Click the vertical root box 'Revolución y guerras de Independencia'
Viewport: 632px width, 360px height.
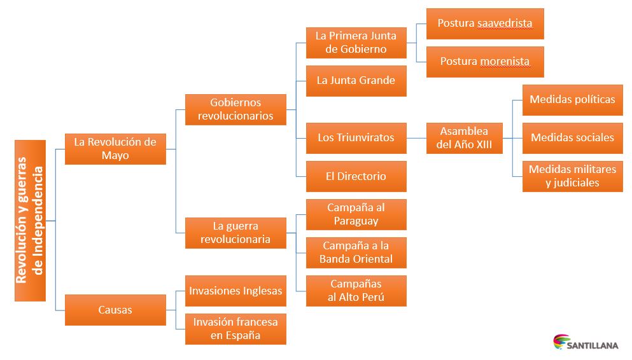pos(30,220)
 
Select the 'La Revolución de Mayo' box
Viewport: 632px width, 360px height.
pos(115,149)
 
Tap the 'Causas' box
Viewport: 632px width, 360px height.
pos(115,310)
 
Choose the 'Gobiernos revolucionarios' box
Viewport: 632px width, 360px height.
pos(235,109)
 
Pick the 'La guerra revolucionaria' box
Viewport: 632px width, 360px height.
pos(235,232)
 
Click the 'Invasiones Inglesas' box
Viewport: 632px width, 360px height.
pos(235,291)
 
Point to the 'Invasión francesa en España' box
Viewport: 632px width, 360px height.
pos(235,329)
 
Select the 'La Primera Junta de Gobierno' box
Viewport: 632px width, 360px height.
pos(356,43)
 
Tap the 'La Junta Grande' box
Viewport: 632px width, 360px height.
pos(356,81)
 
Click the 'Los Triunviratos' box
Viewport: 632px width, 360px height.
pos(356,137)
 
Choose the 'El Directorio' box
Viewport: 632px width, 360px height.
pos(356,176)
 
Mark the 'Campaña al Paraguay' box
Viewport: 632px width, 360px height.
pos(356,214)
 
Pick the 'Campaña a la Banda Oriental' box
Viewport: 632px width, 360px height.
pos(356,253)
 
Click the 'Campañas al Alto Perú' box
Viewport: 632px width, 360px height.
pos(356,291)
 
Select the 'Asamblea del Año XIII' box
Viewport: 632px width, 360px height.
pos(464,138)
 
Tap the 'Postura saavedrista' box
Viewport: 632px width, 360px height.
pos(485,24)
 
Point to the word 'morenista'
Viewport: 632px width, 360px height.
pos(505,62)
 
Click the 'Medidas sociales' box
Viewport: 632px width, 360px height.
pos(572,138)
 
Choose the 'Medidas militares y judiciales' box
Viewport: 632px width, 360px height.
pos(572,176)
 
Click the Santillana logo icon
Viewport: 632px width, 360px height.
pos(561,342)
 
